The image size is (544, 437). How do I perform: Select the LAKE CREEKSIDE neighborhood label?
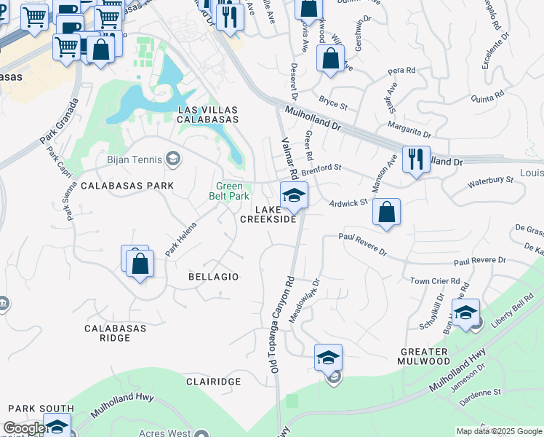(268, 214)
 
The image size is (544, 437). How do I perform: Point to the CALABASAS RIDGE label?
(116, 334)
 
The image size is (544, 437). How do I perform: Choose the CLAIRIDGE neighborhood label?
(213, 382)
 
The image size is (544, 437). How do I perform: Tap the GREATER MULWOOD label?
(425, 356)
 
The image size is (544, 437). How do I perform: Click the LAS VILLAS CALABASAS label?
(209, 114)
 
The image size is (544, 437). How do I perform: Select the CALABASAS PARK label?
(127, 186)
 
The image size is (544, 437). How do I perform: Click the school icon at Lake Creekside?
(294, 195)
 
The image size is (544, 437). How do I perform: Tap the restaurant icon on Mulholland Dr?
(415, 159)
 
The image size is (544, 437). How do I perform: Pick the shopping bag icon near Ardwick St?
(386, 213)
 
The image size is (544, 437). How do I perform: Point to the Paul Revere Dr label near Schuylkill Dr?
(479, 261)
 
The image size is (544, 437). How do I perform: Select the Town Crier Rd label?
(435, 280)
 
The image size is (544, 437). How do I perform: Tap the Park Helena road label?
(181, 239)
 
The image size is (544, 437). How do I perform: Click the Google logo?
(24, 428)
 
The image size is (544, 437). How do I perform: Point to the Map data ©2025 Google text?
(498, 431)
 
